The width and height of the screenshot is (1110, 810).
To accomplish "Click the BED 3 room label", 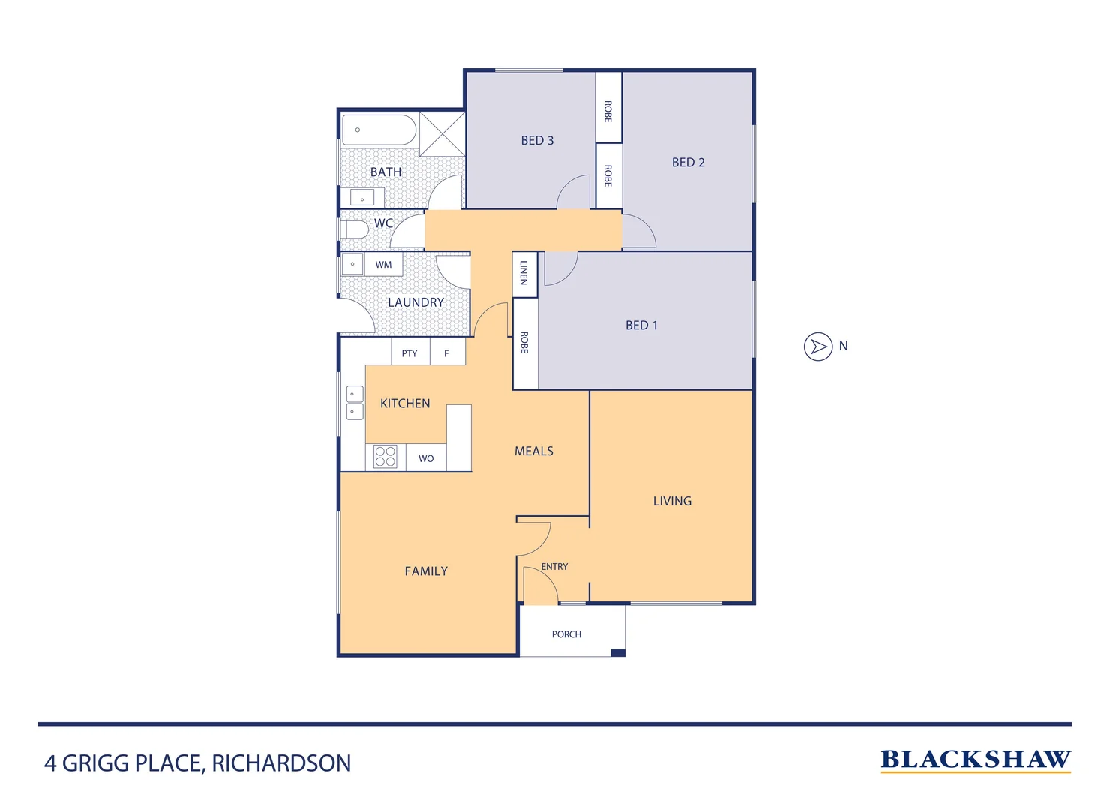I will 537,140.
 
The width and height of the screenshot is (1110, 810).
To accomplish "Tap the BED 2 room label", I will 688,162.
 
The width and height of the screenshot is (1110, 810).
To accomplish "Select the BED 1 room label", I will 641,325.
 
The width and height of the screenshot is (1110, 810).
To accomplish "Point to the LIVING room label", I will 672,501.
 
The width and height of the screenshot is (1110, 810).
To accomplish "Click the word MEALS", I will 533,451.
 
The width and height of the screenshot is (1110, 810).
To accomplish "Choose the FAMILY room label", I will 426,571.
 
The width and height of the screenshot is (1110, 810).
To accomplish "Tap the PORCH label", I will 566,634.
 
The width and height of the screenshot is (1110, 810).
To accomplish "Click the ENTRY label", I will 554,567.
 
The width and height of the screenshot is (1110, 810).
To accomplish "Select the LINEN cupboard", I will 524,273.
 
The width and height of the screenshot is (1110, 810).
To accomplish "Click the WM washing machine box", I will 383,265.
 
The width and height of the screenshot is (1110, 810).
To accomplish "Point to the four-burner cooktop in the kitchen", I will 385,457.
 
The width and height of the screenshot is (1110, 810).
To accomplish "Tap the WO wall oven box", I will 426,458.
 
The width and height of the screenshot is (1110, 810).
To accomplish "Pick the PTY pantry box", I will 409,352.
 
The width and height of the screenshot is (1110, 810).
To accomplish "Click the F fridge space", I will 447,352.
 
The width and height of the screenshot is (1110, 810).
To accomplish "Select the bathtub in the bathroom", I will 379,130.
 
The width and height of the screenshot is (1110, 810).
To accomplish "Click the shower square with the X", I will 442,134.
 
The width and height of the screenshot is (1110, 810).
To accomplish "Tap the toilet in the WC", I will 354,229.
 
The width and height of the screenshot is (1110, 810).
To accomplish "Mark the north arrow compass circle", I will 818,346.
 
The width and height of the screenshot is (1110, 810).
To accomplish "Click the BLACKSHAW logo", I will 975,760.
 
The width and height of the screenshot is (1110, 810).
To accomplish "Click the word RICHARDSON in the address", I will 281,763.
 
